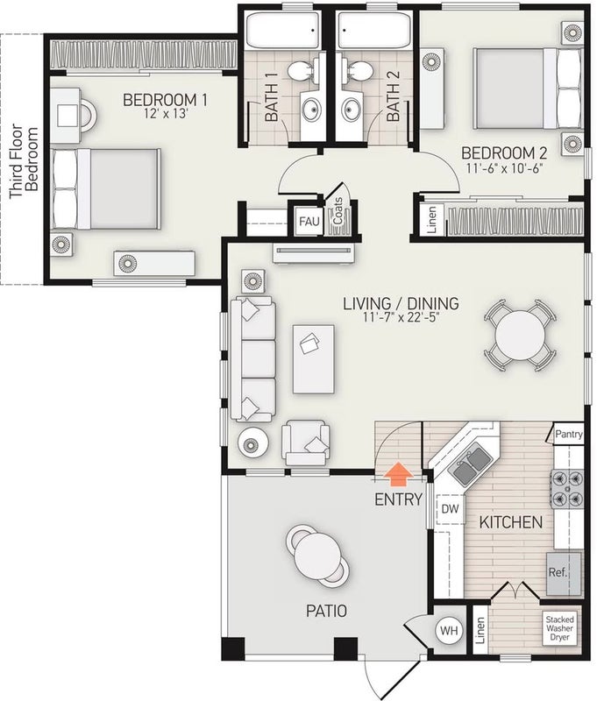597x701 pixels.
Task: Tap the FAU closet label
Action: tap(309, 221)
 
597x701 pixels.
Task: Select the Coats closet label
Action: tap(338, 211)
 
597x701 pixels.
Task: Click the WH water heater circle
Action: tap(449, 631)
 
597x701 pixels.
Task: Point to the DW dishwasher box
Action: tap(451, 509)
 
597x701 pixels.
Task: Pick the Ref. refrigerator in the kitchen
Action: tap(564, 574)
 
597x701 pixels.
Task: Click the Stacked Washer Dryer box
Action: tap(559, 628)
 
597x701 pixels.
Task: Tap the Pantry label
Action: tap(569, 434)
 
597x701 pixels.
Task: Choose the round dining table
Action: tap(520, 336)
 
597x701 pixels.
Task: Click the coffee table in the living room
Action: tap(314, 359)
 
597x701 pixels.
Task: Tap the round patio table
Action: tap(317, 556)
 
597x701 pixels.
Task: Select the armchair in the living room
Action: tap(306, 443)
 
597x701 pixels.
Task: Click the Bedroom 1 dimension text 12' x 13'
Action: tap(165, 114)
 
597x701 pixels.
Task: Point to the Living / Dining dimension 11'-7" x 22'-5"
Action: tap(402, 318)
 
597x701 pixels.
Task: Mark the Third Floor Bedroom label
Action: tap(24, 161)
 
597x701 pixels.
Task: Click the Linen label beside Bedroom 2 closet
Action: tap(432, 220)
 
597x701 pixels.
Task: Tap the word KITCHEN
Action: tap(511, 522)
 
